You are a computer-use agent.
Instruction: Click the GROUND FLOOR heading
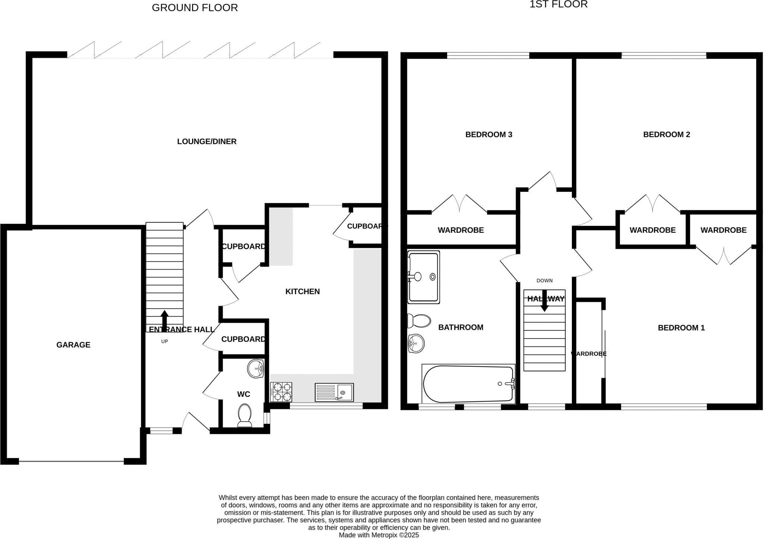pyautogui.click(x=195, y=8)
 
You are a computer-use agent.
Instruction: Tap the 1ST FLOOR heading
pyautogui.click(x=558, y=4)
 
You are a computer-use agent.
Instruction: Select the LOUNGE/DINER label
pyautogui.click(x=207, y=141)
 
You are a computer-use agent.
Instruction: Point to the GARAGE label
pyautogui.click(x=73, y=345)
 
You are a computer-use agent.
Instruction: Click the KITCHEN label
pyautogui.click(x=303, y=292)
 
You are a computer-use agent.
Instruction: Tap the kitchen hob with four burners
pyautogui.click(x=281, y=392)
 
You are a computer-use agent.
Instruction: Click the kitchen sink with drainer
pyautogui.click(x=334, y=392)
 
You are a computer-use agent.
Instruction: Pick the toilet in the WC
pyautogui.click(x=245, y=415)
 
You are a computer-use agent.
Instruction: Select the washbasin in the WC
pyautogui.click(x=256, y=369)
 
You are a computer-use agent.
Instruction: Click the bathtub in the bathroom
pyautogui.click(x=469, y=384)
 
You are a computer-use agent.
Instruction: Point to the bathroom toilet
pyautogui.click(x=419, y=321)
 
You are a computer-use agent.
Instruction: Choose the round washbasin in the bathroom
pyautogui.click(x=416, y=343)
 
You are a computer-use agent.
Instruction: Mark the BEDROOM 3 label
pyautogui.click(x=489, y=135)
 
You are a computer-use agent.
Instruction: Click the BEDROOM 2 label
pyautogui.click(x=667, y=135)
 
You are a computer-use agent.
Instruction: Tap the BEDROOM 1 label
pyautogui.click(x=681, y=328)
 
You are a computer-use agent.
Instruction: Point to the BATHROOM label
pyautogui.click(x=461, y=327)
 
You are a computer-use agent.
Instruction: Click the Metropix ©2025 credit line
pyautogui.click(x=379, y=535)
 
